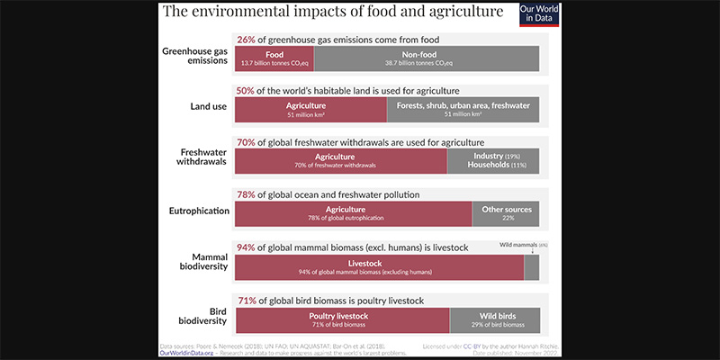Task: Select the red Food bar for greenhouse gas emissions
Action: tap(274, 58)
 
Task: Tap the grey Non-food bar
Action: tap(427, 58)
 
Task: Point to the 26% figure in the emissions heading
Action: tap(246, 40)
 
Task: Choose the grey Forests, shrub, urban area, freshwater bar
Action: tap(463, 110)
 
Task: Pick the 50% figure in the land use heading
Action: tap(246, 91)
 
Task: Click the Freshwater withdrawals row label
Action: tap(200, 156)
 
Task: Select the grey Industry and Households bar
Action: tap(493, 161)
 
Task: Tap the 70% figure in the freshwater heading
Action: tap(246, 142)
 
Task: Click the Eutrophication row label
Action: tap(198, 213)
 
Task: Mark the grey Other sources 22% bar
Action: tap(507, 213)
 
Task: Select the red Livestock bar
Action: tap(379, 267)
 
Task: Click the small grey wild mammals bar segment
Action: tap(532, 267)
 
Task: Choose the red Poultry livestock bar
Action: tap(342, 319)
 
